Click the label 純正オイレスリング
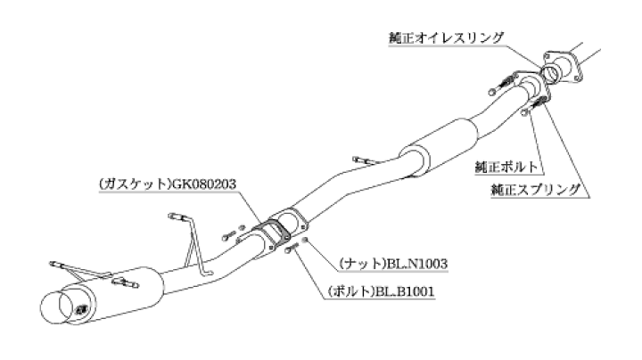(446, 38)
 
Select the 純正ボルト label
(506, 167)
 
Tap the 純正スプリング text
(536, 190)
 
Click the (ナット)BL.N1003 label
(393, 264)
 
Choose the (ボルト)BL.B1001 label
(381, 291)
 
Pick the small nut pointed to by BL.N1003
(304, 240)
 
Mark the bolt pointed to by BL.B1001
(291, 248)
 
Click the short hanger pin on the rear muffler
(125, 282)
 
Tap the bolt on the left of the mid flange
(229, 236)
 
